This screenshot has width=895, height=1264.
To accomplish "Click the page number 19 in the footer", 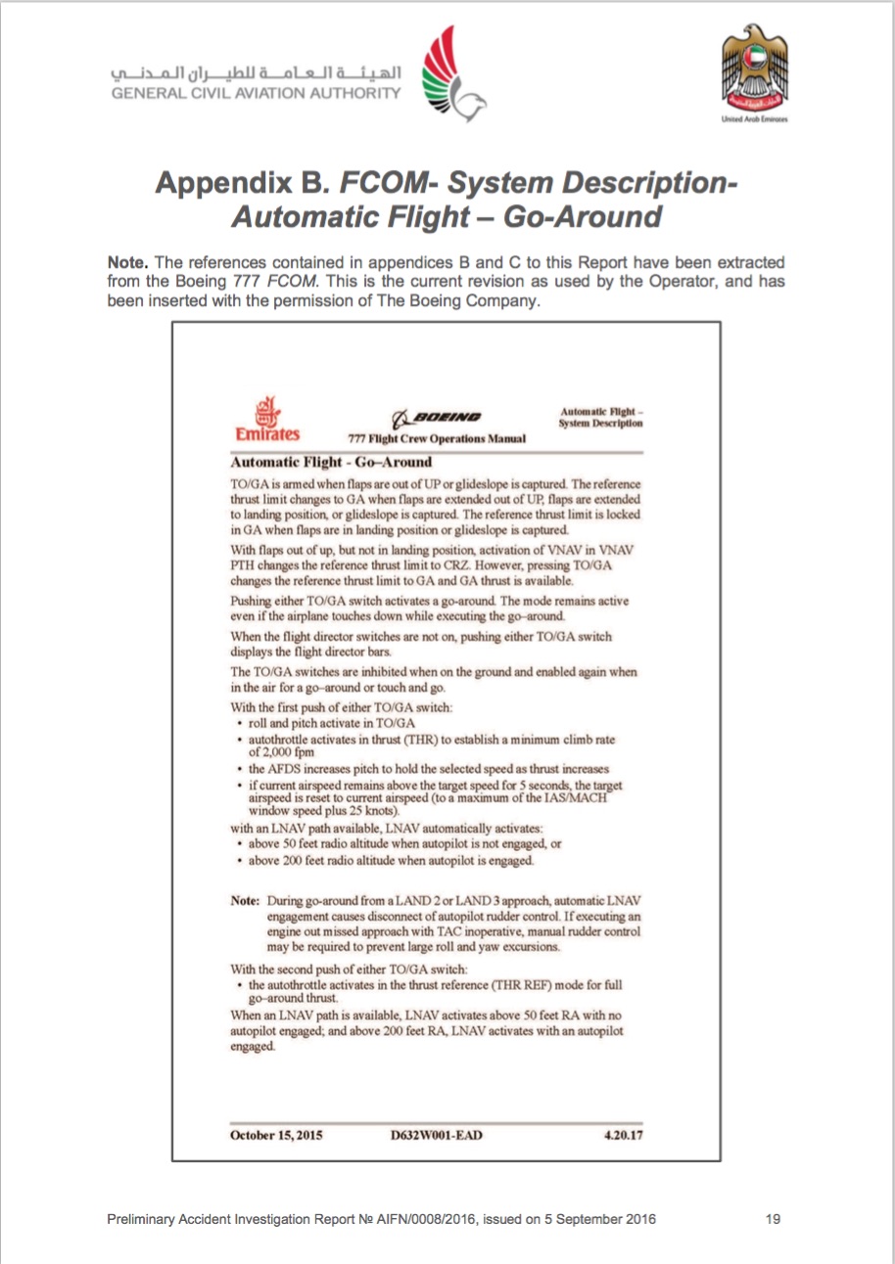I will (x=773, y=1219).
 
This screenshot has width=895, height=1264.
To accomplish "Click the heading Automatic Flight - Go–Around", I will (x=331, y=462).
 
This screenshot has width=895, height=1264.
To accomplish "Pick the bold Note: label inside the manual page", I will (x=245, y=900).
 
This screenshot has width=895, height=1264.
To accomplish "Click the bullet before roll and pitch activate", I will (x=240, y=723).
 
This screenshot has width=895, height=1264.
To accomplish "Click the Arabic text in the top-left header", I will (x=258, y=73).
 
